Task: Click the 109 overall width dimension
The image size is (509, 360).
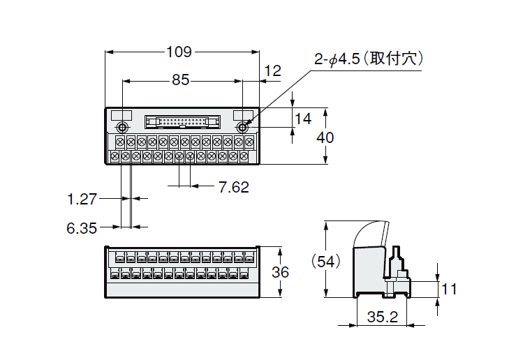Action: (180, 52)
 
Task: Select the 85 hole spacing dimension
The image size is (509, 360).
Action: (180, 80)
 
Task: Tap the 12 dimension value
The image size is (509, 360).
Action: (274, 70)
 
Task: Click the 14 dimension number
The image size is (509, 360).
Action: (303, 119)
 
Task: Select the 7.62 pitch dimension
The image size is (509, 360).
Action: (233, 186)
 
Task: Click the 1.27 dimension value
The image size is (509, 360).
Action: (82, 200)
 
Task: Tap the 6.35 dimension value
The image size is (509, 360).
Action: (82, 227)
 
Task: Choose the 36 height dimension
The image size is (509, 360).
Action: (280, 272)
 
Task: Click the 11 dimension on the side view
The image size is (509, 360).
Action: (450, 288)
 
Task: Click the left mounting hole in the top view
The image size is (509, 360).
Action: (122, 128)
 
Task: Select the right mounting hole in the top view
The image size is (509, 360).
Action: (243, 128)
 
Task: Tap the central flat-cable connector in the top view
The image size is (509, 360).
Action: (182, 123)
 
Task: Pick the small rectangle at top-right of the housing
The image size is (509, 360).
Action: (243, 115)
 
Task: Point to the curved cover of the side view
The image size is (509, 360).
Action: (370, 234)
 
